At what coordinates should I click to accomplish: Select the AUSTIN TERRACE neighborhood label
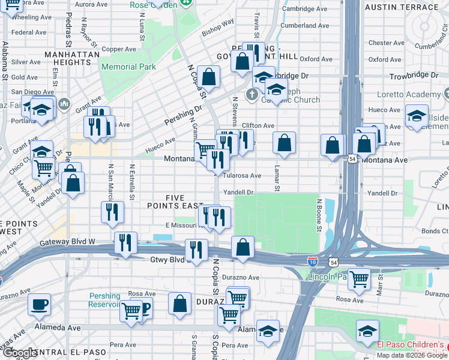[402, 7]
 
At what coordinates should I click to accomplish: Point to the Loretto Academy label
[408, 95]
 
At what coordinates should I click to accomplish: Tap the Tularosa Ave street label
[242, 176]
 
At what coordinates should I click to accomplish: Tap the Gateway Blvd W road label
[68, 242]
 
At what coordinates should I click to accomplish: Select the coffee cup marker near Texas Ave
[40, 304]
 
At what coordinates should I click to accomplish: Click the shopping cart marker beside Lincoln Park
[359, 278]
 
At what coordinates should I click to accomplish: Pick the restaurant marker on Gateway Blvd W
[125, 242]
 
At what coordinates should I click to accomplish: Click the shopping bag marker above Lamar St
[285, 143]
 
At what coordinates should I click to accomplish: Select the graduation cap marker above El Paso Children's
[367, 330]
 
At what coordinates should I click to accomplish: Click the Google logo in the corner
[19, 353]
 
